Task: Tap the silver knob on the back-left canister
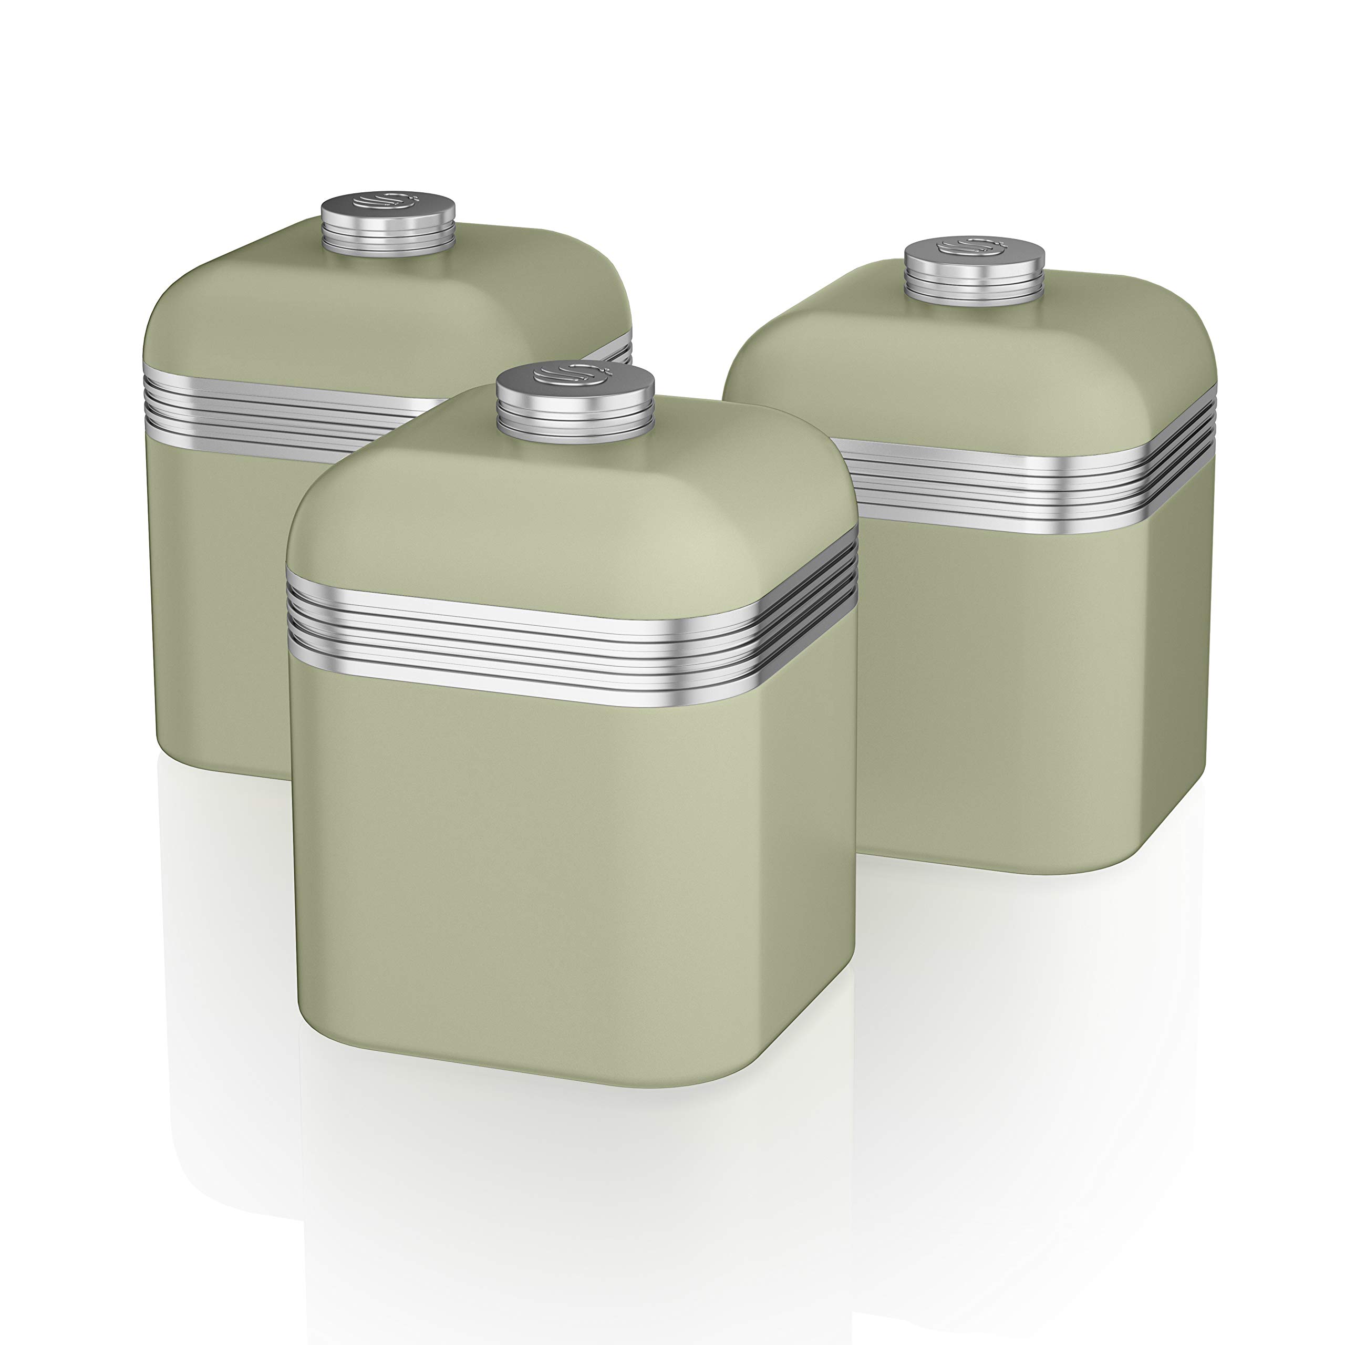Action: [x=388, y=230]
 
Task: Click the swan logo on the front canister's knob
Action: [x=572, y=377]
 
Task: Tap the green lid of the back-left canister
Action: [x=348, y=306]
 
